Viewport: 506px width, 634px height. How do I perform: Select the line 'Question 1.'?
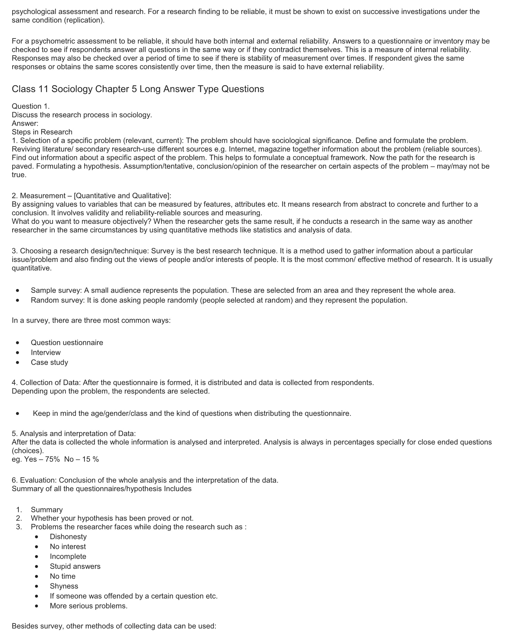(x=31, y=106)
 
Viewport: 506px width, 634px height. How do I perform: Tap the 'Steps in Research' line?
(x=42, y=132)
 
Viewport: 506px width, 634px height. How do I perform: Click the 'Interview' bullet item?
(x=46, y=352)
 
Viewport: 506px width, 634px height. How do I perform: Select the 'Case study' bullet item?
(x=49, y=362)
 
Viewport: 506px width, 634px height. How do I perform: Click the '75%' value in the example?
(x=53, y=459)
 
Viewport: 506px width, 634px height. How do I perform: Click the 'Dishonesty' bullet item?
(x=68, y=537)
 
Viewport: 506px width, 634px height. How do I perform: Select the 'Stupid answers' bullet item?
(x=75, y=566)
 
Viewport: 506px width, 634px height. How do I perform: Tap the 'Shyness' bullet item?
(x=64, y=586)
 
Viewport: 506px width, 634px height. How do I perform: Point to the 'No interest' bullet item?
(x=68, y=546)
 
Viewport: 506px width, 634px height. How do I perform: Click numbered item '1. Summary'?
(x=46, y=510)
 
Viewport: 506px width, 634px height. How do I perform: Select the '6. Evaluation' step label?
(x=34, y=480)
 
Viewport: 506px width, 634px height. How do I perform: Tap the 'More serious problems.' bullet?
(x=88, y=606)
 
